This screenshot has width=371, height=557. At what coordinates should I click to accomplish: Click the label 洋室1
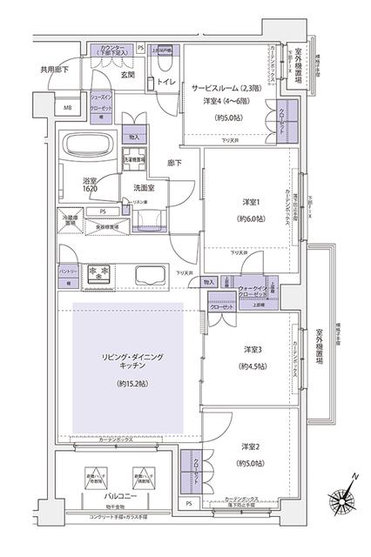[253, 204]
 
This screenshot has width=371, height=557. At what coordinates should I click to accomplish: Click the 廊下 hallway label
[174, 162]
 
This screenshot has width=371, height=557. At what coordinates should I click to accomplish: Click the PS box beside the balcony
[189, 504]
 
